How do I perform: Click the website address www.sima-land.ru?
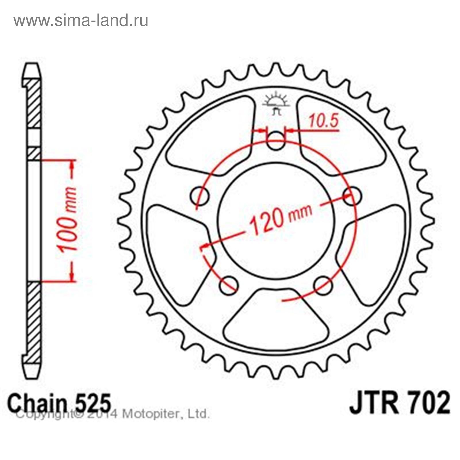(x=81, y=21)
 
